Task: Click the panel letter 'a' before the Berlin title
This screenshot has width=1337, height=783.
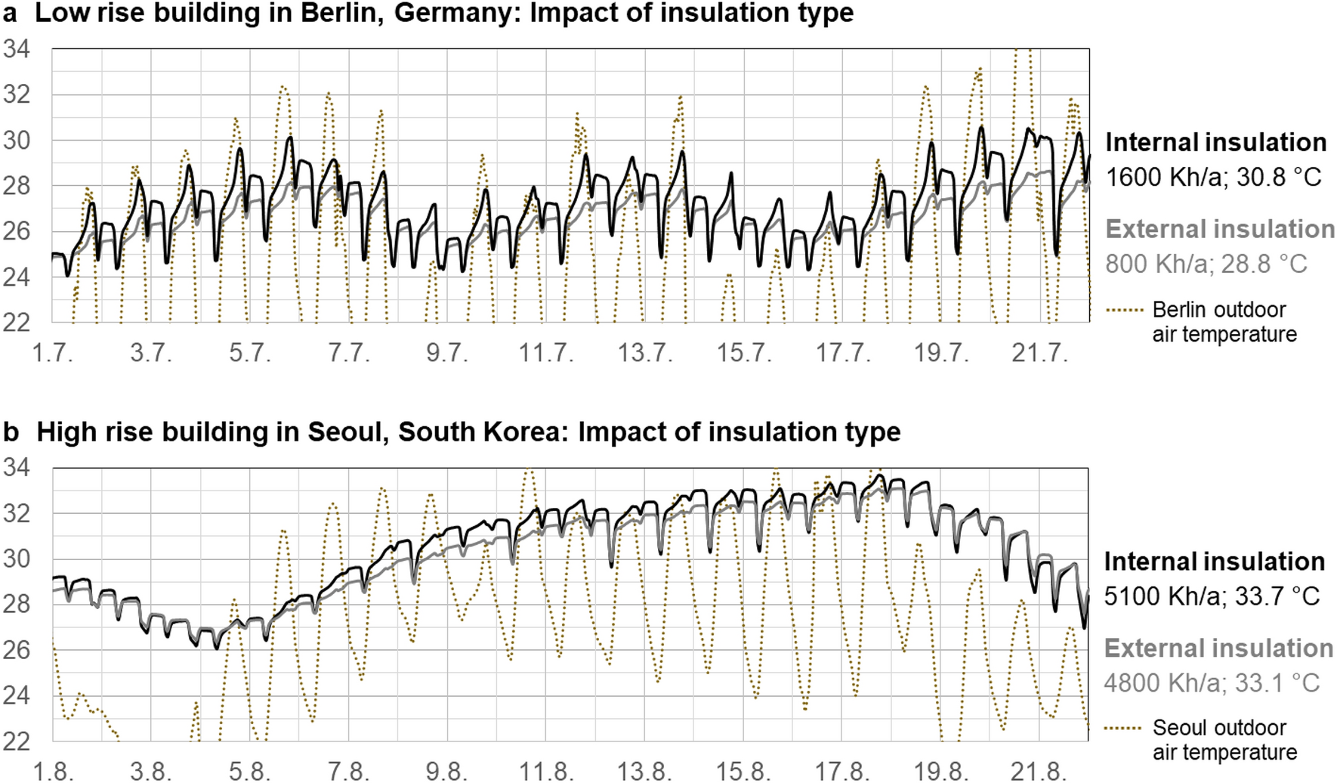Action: [10, 14]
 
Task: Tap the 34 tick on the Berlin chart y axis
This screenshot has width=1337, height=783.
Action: [17, 49]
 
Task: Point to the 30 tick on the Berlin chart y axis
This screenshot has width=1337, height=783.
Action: [17, 141]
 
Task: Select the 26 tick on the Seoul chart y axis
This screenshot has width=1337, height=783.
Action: [17, 650]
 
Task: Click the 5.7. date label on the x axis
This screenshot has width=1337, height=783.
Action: [250, 353]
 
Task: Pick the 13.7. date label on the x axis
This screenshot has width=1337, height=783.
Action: [644, 353]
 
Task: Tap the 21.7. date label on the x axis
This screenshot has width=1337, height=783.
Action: [1039, 353]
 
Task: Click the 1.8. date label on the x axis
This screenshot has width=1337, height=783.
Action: [54, 772]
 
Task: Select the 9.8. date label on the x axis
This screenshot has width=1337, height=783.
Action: [447, 772]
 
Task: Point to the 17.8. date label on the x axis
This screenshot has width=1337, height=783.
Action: [841, 772]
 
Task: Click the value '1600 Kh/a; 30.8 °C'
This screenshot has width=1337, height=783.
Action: [1213, 178]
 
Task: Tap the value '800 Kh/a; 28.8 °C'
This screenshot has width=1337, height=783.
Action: [1206, 265]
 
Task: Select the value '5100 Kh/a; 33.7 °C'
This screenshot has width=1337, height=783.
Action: [1212, 596]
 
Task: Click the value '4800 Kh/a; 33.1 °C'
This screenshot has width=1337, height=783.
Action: [1212, 683]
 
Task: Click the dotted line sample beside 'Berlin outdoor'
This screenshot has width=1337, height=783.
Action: [1124, 310]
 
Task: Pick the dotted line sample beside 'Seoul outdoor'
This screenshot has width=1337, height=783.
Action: [1124, 729]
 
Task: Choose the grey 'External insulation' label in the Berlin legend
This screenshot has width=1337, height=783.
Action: [1220, 230]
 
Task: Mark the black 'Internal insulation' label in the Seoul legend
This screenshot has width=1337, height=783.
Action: [1214, 562]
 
